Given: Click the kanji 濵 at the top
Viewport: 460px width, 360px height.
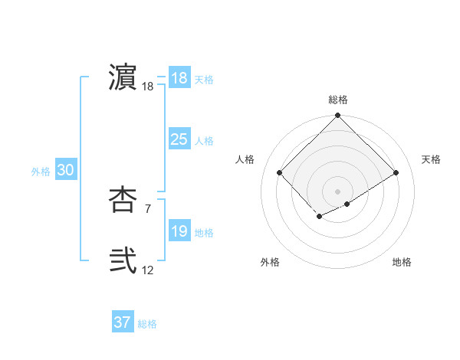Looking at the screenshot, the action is tap(123, 77).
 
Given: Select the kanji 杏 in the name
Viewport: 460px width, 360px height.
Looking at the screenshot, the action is tap(123, 199).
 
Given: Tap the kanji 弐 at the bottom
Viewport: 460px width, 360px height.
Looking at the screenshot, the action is tap(123, 260).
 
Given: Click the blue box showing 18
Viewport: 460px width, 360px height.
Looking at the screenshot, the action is tap(179, 78).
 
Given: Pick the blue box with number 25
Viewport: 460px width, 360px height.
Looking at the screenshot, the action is tap(179, 139).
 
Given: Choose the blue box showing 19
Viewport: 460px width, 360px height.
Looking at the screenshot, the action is tap(179, 231).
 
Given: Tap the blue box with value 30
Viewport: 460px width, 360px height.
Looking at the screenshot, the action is tap(65, 171).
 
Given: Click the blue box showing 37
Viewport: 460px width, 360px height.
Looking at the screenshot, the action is tap(123, 322).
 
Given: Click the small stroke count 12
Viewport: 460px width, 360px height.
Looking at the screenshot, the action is tap(148, 270).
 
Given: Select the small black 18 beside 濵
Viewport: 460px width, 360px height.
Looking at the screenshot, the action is tap(148, 87).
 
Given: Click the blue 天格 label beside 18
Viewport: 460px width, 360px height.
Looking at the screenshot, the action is tap(204, 80).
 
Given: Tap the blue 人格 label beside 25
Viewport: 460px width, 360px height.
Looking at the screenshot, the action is tap(204, 141).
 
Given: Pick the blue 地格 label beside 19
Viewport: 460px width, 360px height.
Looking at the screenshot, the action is tap(204, 233).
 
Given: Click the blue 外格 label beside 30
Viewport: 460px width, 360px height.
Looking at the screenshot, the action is tap(41, 172).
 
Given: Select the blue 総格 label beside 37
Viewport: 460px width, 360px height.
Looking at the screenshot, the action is tap(147, 324).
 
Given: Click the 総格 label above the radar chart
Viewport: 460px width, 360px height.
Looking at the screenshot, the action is tap(338, 100).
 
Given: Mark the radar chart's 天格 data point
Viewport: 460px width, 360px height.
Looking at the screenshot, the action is tap(396, 172).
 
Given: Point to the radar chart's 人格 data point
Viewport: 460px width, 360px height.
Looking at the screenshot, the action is tap(280, 172).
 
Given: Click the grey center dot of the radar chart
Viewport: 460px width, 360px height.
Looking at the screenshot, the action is tap(338, 191).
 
